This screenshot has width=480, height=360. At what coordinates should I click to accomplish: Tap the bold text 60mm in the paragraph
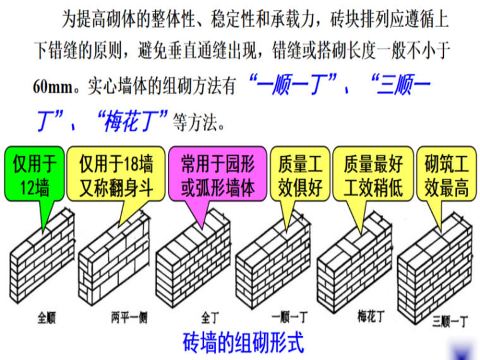tap(52, 87)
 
